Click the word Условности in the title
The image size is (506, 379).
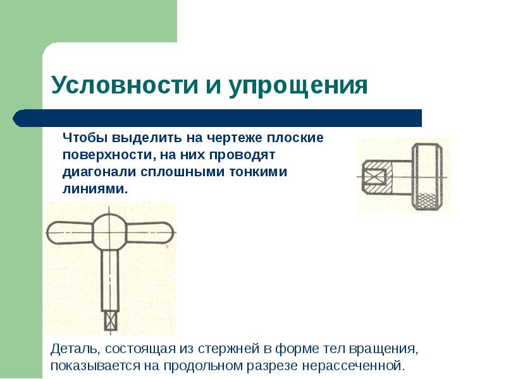click(125, 85)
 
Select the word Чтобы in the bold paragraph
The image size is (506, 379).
click(85, 138)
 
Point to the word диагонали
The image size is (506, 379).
click(99, 172)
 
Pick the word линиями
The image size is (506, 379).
click(96, 188)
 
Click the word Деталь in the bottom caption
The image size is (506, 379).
click(75, 349)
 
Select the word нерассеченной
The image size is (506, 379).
click(353, 366)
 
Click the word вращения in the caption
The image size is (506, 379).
click(384, 349)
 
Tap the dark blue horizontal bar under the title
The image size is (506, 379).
click(217, 118)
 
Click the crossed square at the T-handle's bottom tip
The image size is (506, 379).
click(110, 320)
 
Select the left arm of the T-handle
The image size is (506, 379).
click(70, 232)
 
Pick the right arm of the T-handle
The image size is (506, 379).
click(151, 232)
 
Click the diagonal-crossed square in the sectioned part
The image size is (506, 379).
click(374, 177)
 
